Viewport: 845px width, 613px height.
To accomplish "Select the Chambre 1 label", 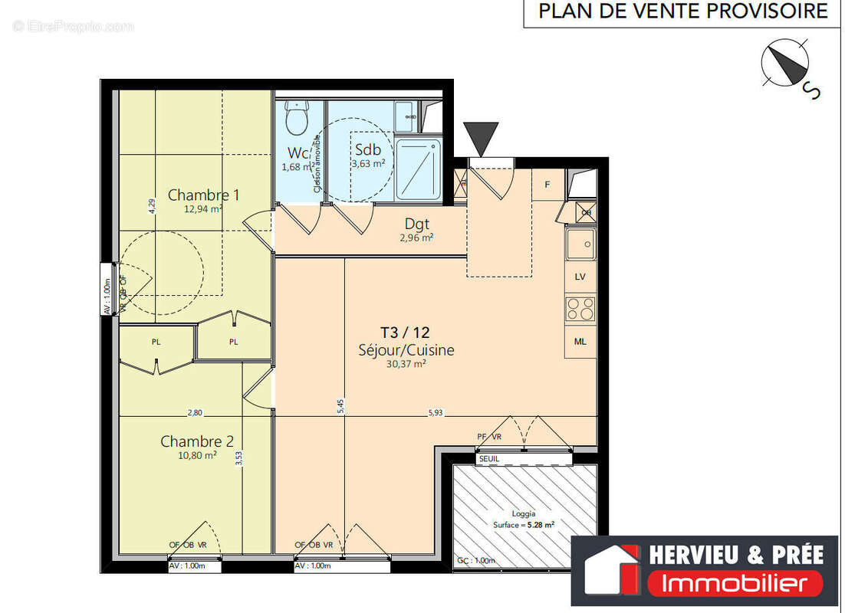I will click(203, 195).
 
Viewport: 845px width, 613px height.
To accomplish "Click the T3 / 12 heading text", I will click(405, 333).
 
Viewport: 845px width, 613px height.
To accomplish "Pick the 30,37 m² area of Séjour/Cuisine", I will click(406, 365).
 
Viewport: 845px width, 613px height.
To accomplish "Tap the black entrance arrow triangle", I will click(481, 139).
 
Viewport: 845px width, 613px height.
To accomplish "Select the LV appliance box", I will click(580, 277).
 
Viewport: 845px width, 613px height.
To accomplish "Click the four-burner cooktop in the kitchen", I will click(580, 309).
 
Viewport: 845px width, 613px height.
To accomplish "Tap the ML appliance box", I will click(580, 342).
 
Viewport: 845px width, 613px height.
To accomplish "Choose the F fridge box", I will click(547, 185).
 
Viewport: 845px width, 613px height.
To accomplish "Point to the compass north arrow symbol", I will click(786, 64).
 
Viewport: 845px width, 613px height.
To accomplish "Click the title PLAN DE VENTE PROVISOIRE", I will click(682, 11).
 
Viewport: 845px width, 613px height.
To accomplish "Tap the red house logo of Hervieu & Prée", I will click(611, 568).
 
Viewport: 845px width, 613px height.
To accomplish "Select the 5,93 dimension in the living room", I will click(436, 412).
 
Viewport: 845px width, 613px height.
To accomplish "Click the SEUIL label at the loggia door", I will click(488, 459).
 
